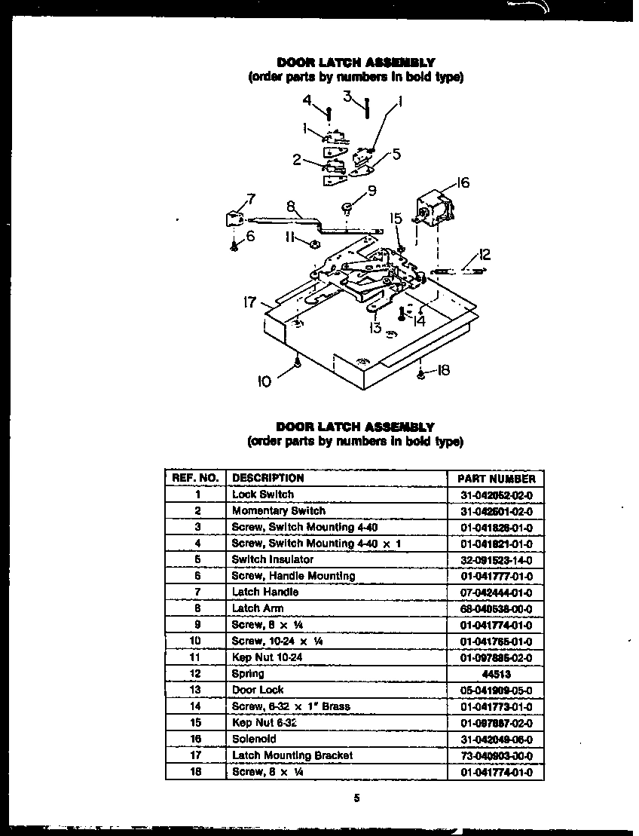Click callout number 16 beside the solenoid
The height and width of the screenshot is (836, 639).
[x=463, y=183]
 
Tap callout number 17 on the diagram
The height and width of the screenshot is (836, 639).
[x=250, y=303]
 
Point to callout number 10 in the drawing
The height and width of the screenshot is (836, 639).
[x=264, y=382]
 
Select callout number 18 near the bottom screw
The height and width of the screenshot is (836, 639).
[x=443, y=370]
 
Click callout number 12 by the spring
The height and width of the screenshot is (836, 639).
[x=485, y=255]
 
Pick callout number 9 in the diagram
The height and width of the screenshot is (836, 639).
[x=370, y=191]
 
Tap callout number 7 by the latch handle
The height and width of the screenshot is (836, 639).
[x=249, y=200]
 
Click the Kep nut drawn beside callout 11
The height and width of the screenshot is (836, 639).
[x=313, y=243]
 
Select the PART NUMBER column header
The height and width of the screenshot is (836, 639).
[x=495, y=479]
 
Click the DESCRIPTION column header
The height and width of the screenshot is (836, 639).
[x=268, y=478]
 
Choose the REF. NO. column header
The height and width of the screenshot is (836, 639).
[x=195, y=478]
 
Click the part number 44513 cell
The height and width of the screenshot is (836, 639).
[x=495, y=674]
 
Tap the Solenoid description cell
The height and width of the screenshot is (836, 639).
[x=254, y=739]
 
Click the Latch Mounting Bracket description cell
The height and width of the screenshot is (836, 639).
[x=292, y=755]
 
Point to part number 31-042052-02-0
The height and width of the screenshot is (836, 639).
[x=495, y=495]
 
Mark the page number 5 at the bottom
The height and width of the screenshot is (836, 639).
[x=355, y=800]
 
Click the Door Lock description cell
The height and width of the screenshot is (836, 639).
[x=258, y=690]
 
